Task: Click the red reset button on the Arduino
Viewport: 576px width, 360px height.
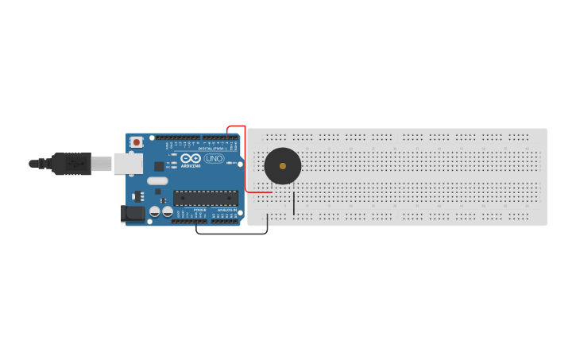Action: tap(137, 142)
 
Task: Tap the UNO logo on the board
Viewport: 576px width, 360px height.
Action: tap(214, 158)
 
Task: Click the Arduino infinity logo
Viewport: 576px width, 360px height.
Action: tap(191, 158)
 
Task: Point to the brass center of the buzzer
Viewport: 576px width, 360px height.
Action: tap(283, 166)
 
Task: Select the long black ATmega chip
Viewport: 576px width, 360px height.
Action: tap(206, 198)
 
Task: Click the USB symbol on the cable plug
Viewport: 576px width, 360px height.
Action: tap(76, 164)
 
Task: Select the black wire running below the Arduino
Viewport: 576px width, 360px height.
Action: tap(230, 233)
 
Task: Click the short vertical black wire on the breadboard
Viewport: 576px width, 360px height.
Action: tap(293, 203)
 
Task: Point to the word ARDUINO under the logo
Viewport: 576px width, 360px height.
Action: tap(191, 166)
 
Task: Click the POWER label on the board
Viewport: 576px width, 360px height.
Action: tap(200, 210)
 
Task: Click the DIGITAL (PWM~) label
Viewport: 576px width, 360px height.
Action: tap(213, 149)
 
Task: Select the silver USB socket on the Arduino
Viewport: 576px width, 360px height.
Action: tap(127, 163)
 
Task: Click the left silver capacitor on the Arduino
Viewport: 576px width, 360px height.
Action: tap(155, 211)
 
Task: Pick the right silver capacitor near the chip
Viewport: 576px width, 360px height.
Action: tap(168, 211)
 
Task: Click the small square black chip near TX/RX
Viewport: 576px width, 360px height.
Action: tap(159, 166)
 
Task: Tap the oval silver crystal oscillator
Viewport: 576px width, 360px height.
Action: tap(157, 180)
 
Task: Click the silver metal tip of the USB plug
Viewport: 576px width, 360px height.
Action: tap(101, 164)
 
